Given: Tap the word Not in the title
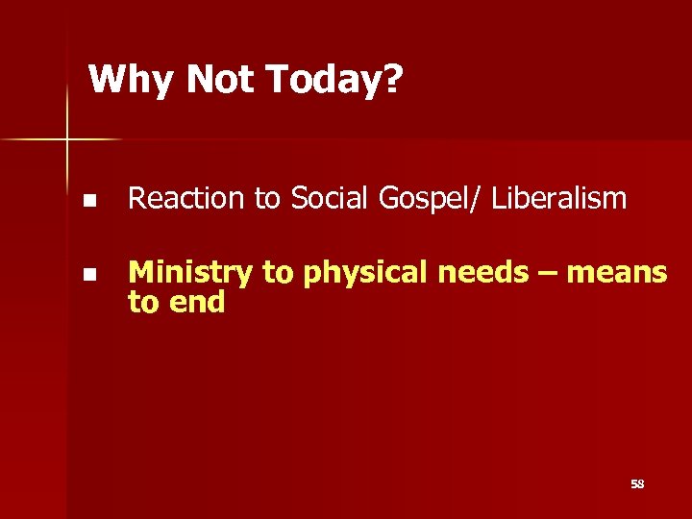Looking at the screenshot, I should [223, 80].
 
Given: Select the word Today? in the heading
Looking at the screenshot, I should [335, 81].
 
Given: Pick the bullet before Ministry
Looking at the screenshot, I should [88, 275].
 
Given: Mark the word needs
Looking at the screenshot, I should [482, 274].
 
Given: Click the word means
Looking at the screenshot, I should [616, 274].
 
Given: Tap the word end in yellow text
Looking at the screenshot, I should [197, 303].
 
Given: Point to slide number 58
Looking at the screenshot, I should [637, 484].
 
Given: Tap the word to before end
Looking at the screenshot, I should [144, 303].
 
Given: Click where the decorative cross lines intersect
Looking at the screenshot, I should [67, 140].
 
